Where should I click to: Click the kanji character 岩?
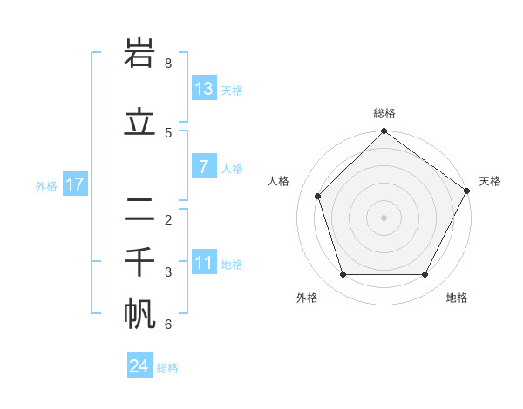140,55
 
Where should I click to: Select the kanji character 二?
140,210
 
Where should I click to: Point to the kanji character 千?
140,262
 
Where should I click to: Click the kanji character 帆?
140,314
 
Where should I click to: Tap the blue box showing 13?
204,88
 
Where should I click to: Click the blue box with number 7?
204,167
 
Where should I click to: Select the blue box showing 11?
204,263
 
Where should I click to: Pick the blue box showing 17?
74,184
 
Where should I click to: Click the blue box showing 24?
139,366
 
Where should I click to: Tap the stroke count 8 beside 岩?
168,63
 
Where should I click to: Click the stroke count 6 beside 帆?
168,325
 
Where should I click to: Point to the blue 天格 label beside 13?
232,90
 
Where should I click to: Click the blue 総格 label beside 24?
167,368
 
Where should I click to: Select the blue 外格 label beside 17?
46,185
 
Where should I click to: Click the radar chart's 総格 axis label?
384,114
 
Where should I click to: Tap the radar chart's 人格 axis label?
279,181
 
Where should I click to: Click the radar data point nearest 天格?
467,191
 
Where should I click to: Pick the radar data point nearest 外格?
343,275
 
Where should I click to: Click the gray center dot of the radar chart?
384,218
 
